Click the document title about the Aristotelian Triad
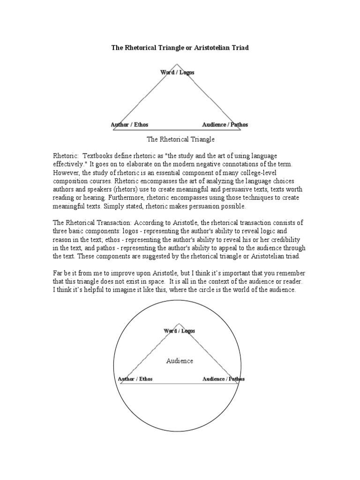(180, 48)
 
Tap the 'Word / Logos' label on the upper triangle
(177, 73)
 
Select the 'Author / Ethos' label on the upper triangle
(129, 125)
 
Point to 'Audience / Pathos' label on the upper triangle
(225, 125)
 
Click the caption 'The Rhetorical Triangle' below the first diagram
(180, 139)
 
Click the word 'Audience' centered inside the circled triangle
(180, 361)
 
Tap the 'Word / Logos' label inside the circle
(179, 331)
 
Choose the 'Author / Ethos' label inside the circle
(135, 379)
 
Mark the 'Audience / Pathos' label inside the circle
(223, 379)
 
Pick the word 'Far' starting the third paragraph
(58, 273)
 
